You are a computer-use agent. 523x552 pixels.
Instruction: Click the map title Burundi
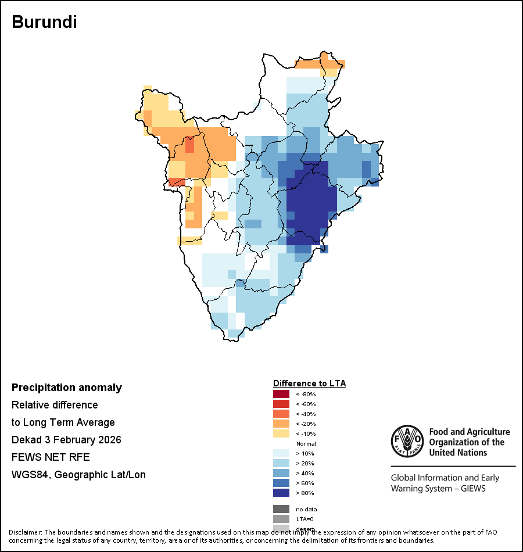(x=44, y=22)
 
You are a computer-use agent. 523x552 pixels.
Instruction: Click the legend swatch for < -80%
(x=281, y=394)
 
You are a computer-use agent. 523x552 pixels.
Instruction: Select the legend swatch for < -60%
(x=281, y=404)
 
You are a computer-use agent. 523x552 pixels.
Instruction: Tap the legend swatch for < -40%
(x=281, y=414)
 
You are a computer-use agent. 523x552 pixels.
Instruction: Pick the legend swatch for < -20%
(x=281, y=424)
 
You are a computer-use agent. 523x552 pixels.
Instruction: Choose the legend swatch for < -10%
(x=281, y=433)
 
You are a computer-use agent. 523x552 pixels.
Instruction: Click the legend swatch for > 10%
(x=281, y=453)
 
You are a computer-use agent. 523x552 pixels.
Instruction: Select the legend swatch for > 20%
(x=281, y=463)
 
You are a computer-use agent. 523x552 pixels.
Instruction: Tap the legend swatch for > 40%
(x=281, y=473)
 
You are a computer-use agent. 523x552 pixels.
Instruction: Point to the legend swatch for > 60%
(x=281, y=483)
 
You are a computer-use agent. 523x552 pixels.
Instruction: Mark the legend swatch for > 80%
(x=281, y=493)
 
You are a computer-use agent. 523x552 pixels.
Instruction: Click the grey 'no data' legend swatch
(x=281, y=509)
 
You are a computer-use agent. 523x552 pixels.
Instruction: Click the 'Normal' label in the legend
(x=306, y=443)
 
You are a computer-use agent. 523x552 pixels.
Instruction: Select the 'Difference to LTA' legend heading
(x=309, y=383)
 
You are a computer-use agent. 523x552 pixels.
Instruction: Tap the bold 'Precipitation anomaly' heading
(x=67, y=388)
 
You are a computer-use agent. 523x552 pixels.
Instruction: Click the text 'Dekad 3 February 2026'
(x=66, y=440)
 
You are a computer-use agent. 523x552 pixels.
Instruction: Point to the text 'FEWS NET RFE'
(x=51, y=457)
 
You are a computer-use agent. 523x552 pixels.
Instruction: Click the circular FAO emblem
(x=407, y=442)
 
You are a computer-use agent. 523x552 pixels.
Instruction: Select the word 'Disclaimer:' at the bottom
(x=25, y=532)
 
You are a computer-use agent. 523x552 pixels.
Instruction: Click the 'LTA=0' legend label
(x=305, y=519)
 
